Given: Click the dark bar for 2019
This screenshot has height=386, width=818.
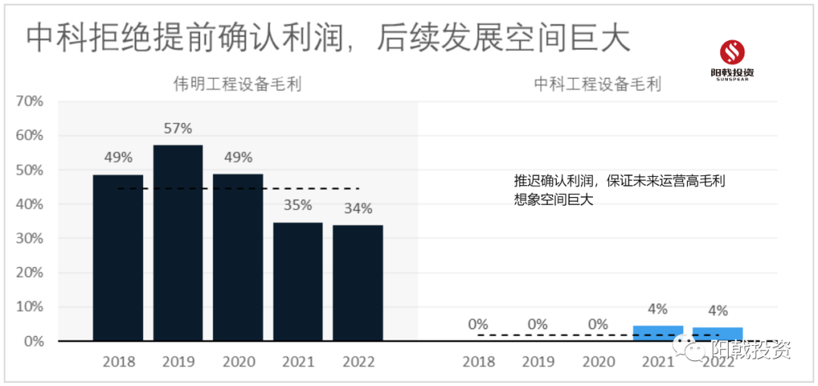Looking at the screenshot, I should click(x=178, y=243).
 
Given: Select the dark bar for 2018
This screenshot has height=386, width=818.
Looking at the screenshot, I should click(x=118, y=258).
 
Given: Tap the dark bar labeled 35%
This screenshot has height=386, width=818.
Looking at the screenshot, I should click(x=298, y=281).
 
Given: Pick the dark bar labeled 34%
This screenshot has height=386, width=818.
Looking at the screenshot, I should click(x=357, y=283).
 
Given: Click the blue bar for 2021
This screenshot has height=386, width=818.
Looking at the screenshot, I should click(x=657, y=333).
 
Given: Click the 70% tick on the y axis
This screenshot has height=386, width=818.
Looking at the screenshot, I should click(x=31, y=101).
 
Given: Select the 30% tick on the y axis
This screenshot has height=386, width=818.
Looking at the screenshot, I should click(x=31, y=238).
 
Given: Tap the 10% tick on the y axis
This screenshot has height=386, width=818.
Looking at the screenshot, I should click(x=31, y=307).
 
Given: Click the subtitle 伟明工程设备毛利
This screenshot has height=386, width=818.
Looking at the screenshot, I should click(x=226, y=83).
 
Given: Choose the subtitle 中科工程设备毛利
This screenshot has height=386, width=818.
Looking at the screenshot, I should click(x=598, y=83).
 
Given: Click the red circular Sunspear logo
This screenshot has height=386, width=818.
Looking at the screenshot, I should click(x=732, y=52).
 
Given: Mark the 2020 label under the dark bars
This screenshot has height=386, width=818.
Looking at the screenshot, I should click(x=238, y=362).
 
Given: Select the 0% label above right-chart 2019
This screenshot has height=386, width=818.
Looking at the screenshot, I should click(x=538, y=325).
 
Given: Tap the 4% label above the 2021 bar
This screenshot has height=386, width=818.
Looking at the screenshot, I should click(x=657, y=309).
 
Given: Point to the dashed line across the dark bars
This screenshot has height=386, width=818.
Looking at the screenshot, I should click(x=238, y=188).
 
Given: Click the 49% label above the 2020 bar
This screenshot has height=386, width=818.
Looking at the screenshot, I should click(x=238, y=157).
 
